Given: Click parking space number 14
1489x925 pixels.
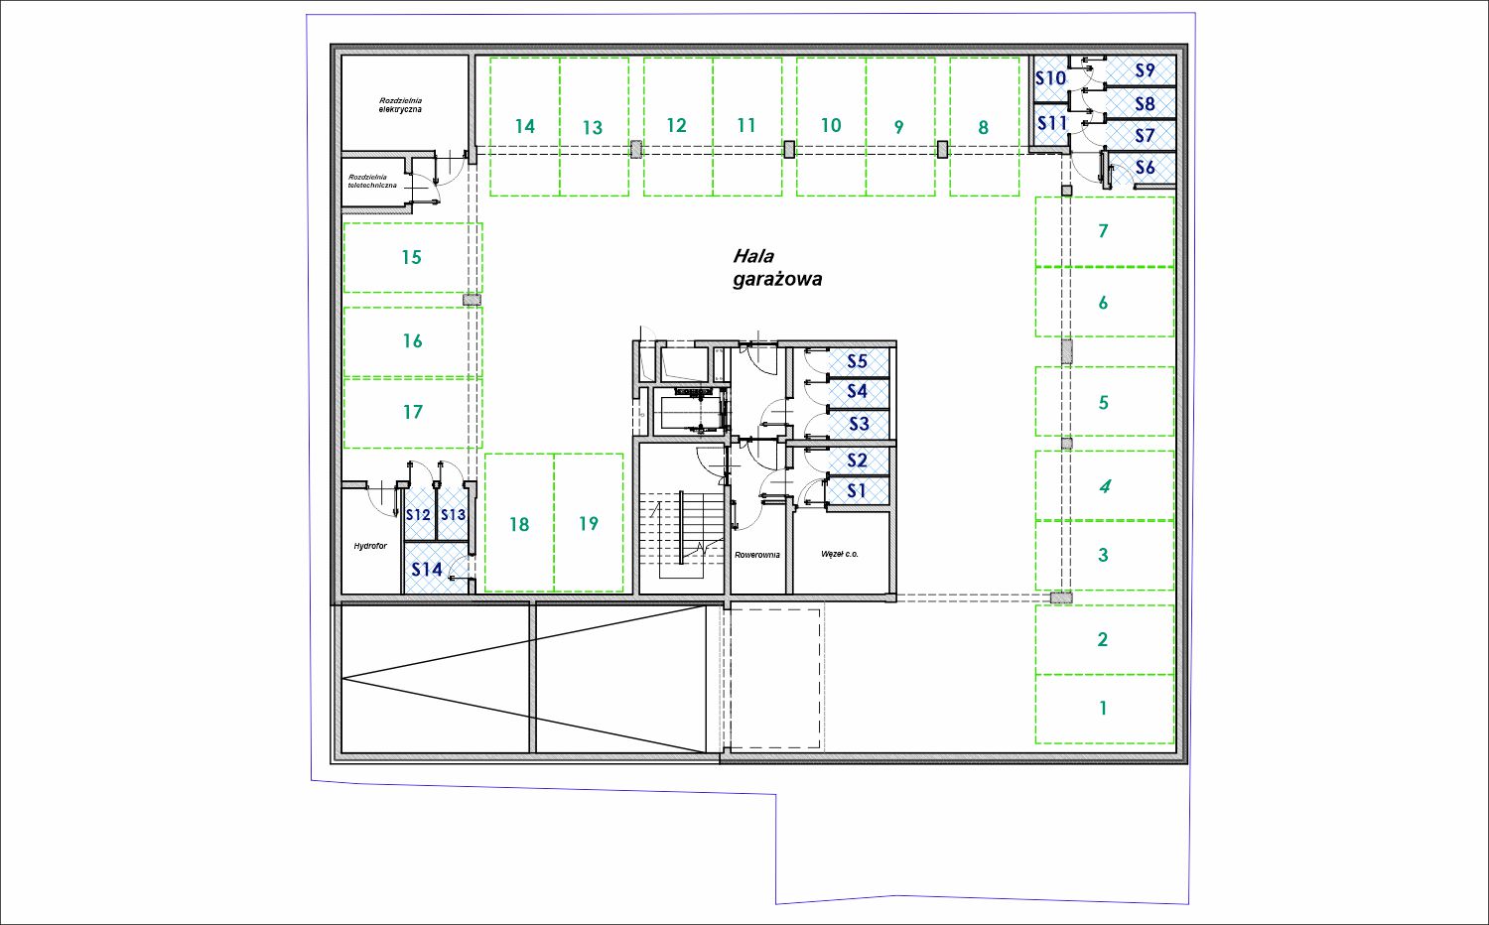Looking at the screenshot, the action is click(x=525, y=126).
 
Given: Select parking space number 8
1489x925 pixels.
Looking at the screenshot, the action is click(x=985, y=126).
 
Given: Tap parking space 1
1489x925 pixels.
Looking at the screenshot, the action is click(x=1104, y=709).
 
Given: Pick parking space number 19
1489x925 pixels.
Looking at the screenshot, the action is click(x=589, y=523).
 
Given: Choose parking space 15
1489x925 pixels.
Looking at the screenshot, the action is click(x=413, y=257).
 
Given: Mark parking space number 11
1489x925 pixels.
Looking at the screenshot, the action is click(x=747, y=126).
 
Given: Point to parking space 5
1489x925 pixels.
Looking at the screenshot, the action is click(x=1104, y=401).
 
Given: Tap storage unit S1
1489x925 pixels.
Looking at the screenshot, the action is click(x=858, y=491).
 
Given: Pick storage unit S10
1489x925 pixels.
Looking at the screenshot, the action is click(x=1050, y=78).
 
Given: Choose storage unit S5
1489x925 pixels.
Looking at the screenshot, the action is click(x=858, y=361).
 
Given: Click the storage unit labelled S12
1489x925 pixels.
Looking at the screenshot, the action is click(x=419, y=514).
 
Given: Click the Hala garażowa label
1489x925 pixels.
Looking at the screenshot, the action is click(x=777, y=267).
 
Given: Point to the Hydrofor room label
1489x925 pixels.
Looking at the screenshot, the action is click(x=370, y=546).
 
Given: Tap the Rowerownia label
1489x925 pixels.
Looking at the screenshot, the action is click(x=757, y=555).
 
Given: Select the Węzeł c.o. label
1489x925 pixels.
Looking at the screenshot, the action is click(x=840, y=554).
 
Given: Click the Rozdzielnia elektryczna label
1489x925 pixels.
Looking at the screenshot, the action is click(x=400, y=105).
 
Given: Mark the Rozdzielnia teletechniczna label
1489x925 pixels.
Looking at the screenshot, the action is click(x=372, y=181).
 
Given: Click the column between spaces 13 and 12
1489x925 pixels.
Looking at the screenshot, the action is click(x=636, y=149).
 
